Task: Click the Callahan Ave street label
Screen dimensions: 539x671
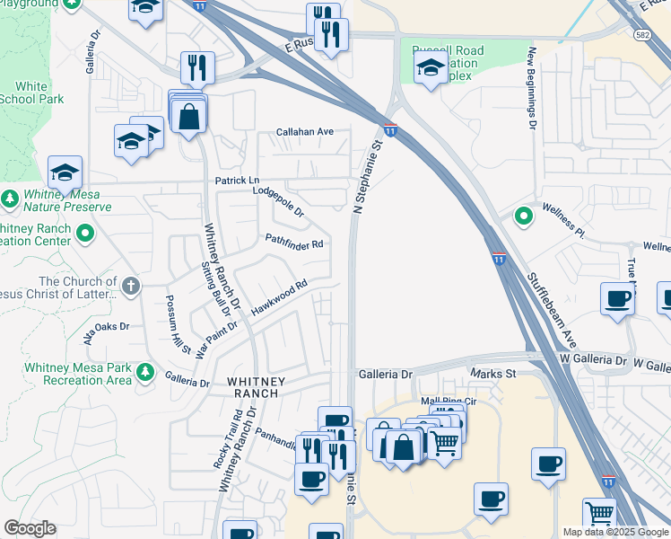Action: [305, 131]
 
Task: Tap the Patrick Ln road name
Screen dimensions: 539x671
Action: [237, 181]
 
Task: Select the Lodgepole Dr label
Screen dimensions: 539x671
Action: [279, 201]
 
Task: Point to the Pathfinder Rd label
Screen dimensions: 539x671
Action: [293, 243]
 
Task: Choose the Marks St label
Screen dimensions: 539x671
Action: [493, 373]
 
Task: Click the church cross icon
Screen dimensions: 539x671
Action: [131, 287]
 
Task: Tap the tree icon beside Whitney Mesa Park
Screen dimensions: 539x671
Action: [145, 372]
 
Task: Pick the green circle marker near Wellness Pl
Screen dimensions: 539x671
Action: [523, 216]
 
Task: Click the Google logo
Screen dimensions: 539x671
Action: [30, 528]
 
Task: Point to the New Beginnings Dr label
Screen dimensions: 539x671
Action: [532, 88]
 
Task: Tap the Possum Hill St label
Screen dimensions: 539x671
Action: [177, 323]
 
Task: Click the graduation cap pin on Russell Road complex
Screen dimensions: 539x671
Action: [431, 67]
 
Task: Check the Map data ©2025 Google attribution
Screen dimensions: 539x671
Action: [614, 532]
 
